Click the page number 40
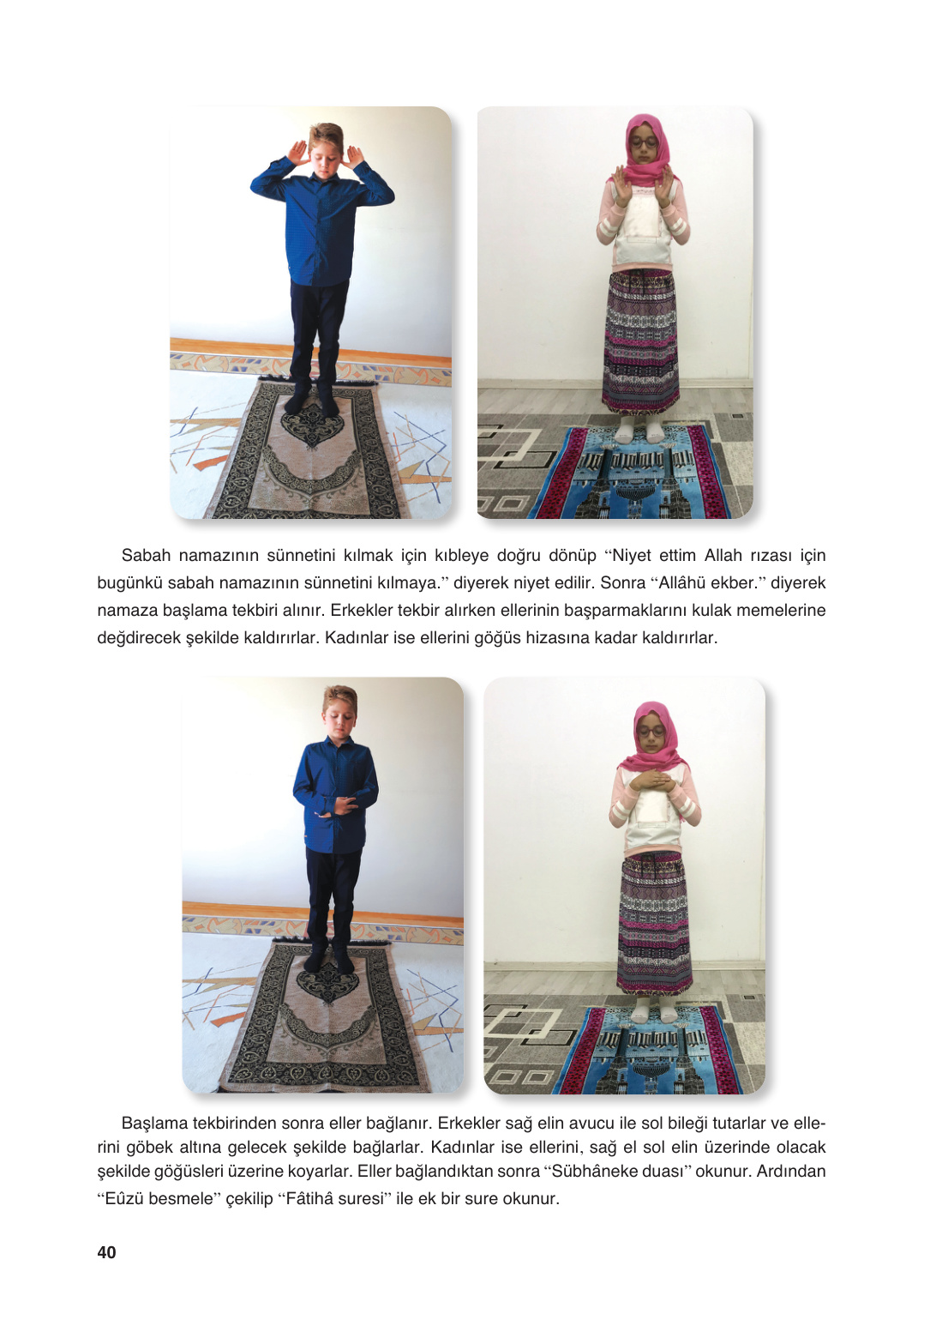coord(106,1252)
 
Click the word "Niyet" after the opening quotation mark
coord(632,556)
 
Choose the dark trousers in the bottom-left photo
coord(333,901)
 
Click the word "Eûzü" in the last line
coord(125,1199)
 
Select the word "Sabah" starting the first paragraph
coord(146,556)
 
